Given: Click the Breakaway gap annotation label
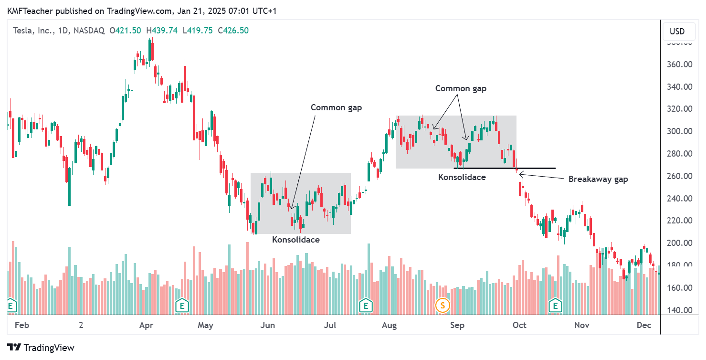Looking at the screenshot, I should click(598, 180).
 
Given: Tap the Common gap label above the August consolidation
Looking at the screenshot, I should click(461, 88).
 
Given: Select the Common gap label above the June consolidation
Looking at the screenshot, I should click(336, 107).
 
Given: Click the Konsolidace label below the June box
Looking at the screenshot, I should click(296, 240).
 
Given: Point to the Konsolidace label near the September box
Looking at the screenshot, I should click(462, 177).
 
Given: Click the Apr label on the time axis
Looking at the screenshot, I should click(146, 326).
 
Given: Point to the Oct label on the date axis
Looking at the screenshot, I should click(519, 326).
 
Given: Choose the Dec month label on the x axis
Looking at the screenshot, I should click(644, 326).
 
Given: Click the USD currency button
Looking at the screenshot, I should click(677, 32).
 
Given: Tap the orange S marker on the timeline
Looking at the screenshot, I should click(443, 305).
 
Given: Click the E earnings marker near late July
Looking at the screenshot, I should click(366, 305).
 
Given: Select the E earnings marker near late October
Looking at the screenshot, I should click(555, 305).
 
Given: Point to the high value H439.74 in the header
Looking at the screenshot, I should click(162, 31).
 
